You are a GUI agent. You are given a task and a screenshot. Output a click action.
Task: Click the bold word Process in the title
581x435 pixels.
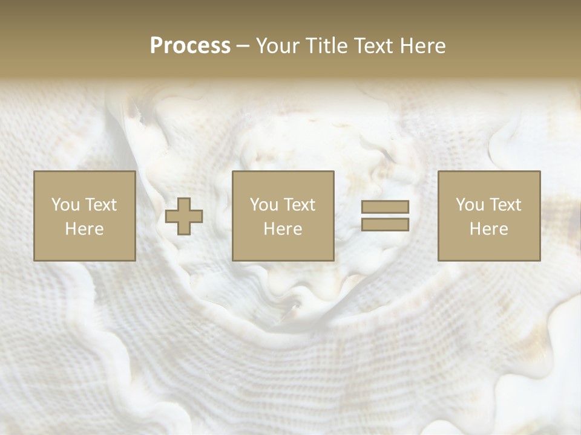[190, 46]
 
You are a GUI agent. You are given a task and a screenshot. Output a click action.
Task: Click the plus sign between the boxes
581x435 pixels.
[184, 216]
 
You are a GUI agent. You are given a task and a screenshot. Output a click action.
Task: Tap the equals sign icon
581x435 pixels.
[385, 216]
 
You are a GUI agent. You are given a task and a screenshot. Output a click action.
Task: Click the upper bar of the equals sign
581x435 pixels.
[385, 207]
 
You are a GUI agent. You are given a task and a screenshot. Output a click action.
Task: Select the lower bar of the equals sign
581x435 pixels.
[385, 225]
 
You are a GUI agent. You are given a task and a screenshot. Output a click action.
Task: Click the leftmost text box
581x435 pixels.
[85, 216]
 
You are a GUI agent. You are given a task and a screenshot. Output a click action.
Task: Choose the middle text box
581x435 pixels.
[283, 216]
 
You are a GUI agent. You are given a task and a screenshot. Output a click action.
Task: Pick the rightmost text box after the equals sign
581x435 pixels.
[489, 216]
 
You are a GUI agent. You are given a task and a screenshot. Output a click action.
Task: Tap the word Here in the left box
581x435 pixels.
[85, 229]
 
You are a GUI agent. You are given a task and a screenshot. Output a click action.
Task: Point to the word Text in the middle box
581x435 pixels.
[299, 205]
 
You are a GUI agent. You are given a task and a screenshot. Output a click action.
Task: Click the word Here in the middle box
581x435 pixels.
[283, 229]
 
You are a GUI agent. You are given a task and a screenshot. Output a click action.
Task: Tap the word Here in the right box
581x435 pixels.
[489, 229]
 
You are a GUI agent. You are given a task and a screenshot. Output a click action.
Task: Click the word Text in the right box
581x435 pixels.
[505, 205]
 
